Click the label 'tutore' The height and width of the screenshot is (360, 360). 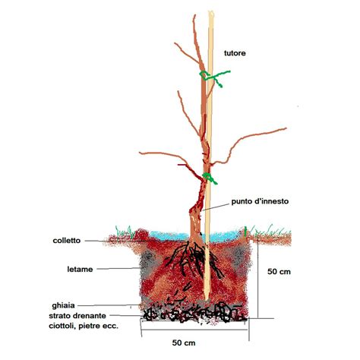pos(235,53)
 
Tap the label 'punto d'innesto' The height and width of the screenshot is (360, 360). pos(260,201)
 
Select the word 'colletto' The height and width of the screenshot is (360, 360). pos(67,241)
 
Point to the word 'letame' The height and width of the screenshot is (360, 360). pos(80,270)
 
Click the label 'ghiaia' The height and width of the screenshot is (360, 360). pos(63,306)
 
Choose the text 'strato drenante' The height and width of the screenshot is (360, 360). pos(77,316)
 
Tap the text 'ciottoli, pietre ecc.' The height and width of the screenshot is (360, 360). pos(84,326)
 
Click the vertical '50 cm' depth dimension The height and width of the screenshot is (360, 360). pos(279,272)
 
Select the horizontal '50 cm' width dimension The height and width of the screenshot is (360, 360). pos(184,343)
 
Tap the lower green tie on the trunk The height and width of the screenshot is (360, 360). pos(210,178)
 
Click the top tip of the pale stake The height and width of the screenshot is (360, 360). pos(211,11)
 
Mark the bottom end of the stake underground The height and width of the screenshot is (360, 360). pos(207,299)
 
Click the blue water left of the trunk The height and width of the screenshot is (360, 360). pos(169,235)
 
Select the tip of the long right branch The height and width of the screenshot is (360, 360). pos(286,128)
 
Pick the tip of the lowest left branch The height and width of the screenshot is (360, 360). pos(140,153)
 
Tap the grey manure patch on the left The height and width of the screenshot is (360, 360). pos(147,264)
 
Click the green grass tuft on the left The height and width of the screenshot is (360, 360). pos(123,231)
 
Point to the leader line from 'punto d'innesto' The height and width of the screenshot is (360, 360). pos(217,206)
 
